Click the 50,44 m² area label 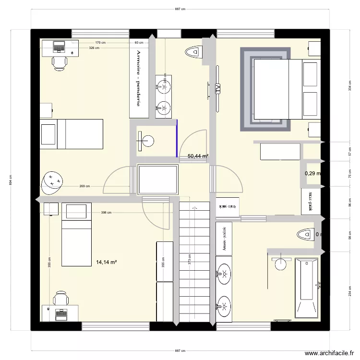coord(198,156)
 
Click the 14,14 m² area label coord(107,262)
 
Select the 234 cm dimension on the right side coord(349,290)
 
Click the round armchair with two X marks coord(53,181)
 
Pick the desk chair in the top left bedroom coord(60,62)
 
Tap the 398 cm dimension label coord(106,213)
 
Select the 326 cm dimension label coord(94,48)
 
